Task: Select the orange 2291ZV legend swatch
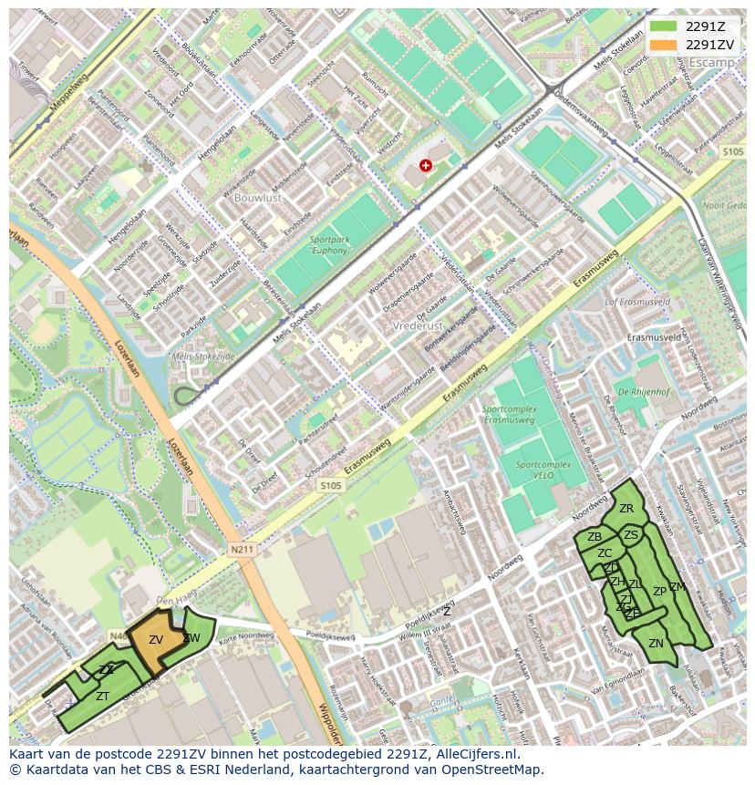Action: (663, 45)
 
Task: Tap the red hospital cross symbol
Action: (426, 165)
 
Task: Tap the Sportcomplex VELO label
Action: (543, 470)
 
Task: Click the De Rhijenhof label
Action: (645, 392)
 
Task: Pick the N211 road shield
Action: (241, 550)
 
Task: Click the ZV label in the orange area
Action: (156, 640)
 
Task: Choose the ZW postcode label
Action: (191, 638)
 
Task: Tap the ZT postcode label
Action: (103, 696)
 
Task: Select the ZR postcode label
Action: (626, 509)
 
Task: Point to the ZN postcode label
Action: (656, 644)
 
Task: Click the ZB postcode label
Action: (595, 537)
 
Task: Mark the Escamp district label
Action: (712, 62)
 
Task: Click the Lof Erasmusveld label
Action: (638, 301)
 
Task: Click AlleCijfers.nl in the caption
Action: (474, 754)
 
